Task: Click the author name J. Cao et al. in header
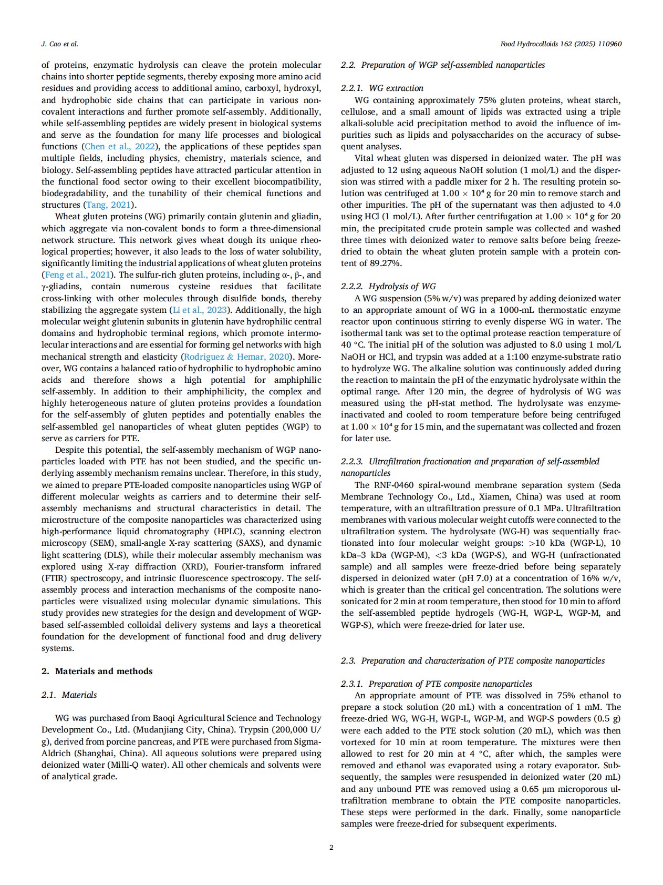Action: point(59,44)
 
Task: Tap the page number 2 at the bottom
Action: point(331,847)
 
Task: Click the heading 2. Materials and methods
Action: point(97,671)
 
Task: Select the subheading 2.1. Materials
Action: point(69,695)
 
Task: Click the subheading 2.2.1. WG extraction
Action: point(382,88)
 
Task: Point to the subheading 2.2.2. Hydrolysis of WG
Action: point(388,287)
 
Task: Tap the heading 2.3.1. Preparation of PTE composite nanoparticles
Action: point(437,684)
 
